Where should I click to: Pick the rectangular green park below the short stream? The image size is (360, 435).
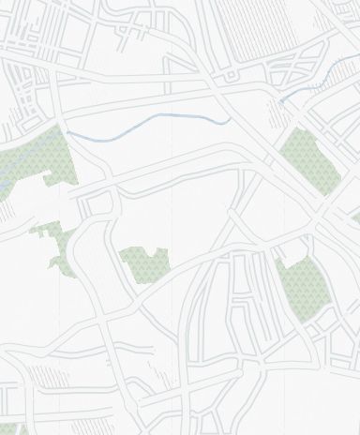pos(310,159)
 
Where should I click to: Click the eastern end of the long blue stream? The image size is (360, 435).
pos(231,120)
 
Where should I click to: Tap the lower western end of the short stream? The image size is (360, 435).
pos(279,100)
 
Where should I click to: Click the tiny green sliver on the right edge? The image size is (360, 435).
pos(356,218)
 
